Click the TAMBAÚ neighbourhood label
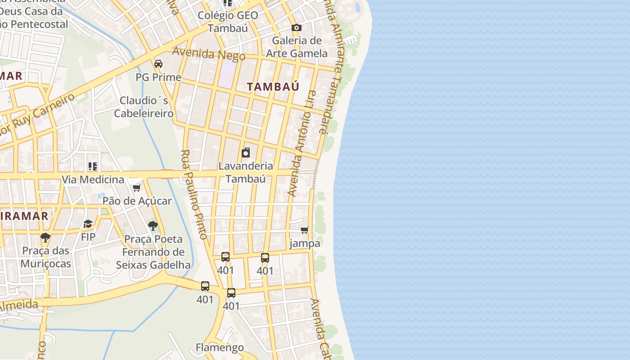click(273, 87)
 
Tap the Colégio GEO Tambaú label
click(228, 22)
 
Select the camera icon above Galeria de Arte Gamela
click(296, 28)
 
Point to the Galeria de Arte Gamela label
click(297, 47)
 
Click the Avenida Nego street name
click(209, 54)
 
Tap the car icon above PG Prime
click(158, 64)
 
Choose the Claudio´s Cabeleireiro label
click(144, 107)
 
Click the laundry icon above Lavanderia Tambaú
click(246, 153)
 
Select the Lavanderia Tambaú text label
click(246, 172)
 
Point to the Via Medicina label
click(93, 180)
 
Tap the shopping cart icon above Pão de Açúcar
click(137, 188)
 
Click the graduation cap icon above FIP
click(88, 224)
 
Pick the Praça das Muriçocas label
click(46, 257)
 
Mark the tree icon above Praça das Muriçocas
click(45, 238)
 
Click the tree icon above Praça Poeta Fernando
click(153, 226)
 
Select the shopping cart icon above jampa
click(305, 230)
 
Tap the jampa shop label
click(305, 243)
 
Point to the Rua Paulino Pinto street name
click(194, 194)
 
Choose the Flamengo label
click(220, 347)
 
